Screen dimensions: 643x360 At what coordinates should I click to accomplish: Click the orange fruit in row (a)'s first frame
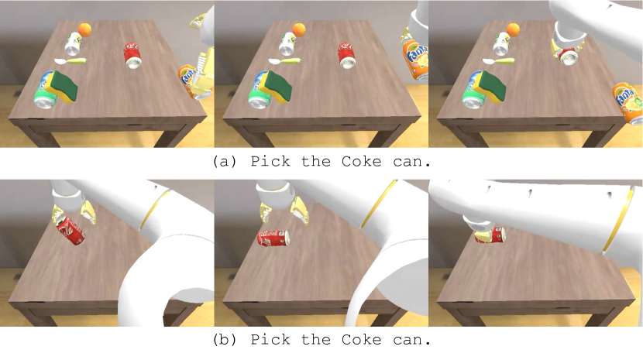click(x=85, y=29)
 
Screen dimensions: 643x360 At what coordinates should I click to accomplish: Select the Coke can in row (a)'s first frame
click(x=132, y=55)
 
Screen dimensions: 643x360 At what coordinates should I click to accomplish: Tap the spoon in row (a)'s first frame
click(x=70, y=61)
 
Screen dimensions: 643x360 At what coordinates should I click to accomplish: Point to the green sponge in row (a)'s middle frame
click(x=277, y=87)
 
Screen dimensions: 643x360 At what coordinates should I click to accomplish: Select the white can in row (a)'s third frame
click(x=502, y=44)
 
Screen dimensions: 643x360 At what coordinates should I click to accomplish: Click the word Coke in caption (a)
click(x=361, y=161)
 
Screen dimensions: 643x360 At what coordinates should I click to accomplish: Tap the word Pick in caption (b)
click(x=270, y=340)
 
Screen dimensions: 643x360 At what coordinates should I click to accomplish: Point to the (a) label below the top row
click(x=225, y=161)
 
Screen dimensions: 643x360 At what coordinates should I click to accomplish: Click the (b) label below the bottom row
click(x=225, y=340)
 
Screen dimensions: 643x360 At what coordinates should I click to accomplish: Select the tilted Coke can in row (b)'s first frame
click(x=70, y=231)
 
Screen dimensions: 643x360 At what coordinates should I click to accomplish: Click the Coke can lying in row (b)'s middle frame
click(x=273, y=238)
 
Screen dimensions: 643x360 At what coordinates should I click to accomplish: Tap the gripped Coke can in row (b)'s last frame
click(x=490, y=235)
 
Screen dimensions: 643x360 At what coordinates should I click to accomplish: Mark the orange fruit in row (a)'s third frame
click(x=513, y=29)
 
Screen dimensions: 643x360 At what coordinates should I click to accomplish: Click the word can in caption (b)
click(x=411, y=340)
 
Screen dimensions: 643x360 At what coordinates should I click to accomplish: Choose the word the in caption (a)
click(x=316, y=161)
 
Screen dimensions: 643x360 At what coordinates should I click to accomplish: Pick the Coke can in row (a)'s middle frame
click(x=347, y=55)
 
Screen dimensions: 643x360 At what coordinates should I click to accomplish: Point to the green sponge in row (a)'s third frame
click(x=492, y=87)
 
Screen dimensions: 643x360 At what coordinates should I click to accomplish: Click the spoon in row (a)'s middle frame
click(x=284, y=61)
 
